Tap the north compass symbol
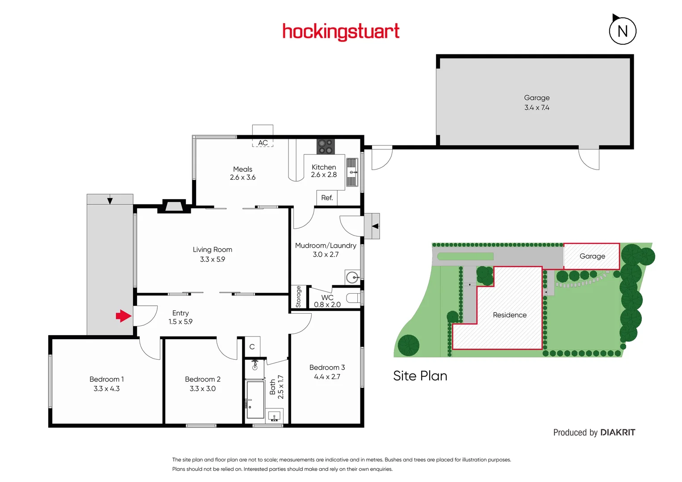tap(622, 31)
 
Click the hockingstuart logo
tap(341, 32)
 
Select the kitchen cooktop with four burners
tap(326, 146)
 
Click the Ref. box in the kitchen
tap(327, 198)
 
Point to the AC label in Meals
tap(263, 143)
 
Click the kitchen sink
tap(352, 172)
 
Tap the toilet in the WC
tap(354, 298)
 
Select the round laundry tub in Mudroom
tap(352, 278)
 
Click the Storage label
tap(298, 297)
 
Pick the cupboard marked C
tap(252, 347)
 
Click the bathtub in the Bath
tap(255, 399)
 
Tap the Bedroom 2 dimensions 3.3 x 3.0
tap(203, 389)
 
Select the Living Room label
tap(213, 249)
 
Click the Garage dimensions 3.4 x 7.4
tap(537, 108)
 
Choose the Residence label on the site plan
tap(510, 315)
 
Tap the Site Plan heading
tap(420, 376)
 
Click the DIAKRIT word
tap(618, 432)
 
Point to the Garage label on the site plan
tap(592, 256)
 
